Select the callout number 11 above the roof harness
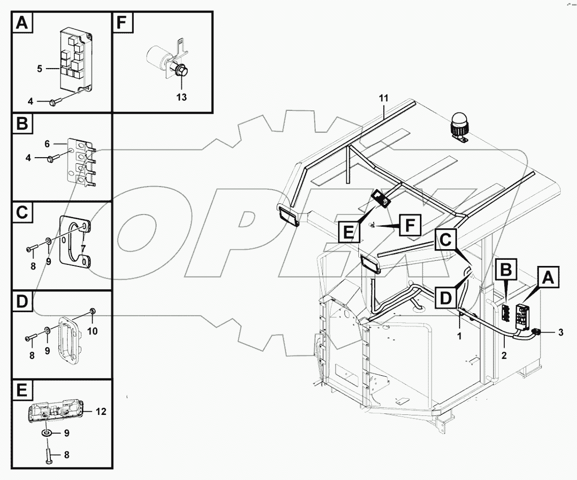383,98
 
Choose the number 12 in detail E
101,412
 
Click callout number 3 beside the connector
560,333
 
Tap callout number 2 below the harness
503,355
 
